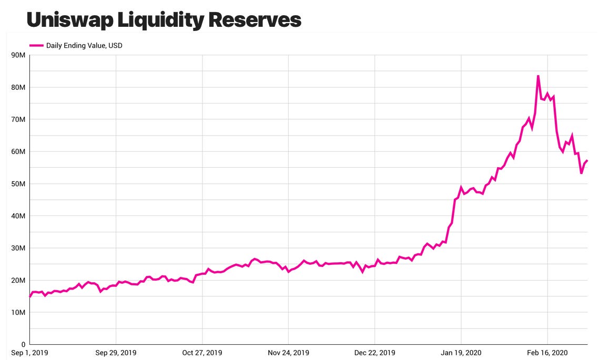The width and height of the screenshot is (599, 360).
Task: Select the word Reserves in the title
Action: pyautogui.click(x=255, y=19)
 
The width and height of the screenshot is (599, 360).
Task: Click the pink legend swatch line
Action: pyautogui.click(x=36, y=46)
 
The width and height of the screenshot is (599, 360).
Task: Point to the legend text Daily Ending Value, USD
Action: pyautogui.click(x=84, y=46)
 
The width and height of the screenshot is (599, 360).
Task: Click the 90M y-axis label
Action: pyautogui.click(x=18, y=55)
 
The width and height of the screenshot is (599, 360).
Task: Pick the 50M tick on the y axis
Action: pyautogui.click(x=18, y=184)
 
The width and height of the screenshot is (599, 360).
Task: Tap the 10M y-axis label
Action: pyautogui.click(x=18, y=313)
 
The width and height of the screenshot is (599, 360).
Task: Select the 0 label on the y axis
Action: pyautogui.click(x=23, y=344)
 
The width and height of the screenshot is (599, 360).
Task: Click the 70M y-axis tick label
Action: pyautogui.click(x=18, y=120)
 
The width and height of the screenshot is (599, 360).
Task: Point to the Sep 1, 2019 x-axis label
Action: pyautogui.click(x=31, y=353)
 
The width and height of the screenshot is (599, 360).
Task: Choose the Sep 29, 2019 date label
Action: pyautogui.click(x=116, y=353)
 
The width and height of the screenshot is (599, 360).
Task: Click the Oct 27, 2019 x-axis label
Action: pyautogui.click(x=202, y=353)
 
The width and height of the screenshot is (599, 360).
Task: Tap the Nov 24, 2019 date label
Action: pyautogui.click(x=289, y=353)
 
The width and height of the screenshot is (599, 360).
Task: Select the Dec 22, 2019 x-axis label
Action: pyautogui.click(x=375, y=353)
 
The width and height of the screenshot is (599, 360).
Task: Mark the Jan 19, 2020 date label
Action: pyautogui.click(x=461, y=353)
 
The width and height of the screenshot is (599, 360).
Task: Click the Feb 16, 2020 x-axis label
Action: pyautogui.click(x=547, y=353)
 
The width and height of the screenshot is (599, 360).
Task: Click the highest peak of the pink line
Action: pyautogui.click(x=538, y=76)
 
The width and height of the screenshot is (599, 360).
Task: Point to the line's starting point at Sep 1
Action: pyautogui.click(x=30, y=296)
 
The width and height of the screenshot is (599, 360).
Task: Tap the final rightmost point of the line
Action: pyautogui.click(x=587, y=161)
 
